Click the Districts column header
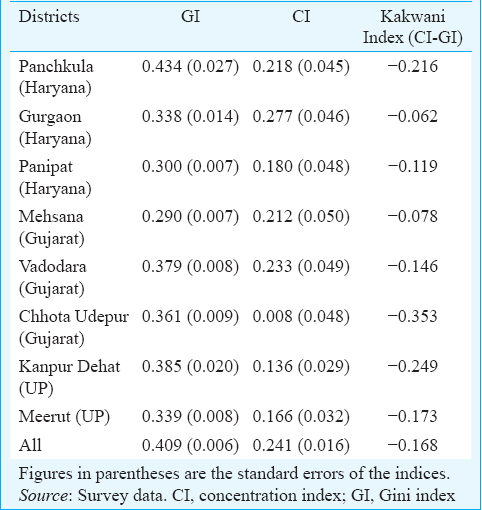pos(49,17)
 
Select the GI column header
pos(191,17)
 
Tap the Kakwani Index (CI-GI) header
pos(413,27)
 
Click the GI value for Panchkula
pos(190,66)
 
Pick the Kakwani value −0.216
pos(413,66)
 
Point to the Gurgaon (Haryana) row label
pos(55,127)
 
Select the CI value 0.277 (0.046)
pos(301,116)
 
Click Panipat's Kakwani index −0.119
pos(413,166)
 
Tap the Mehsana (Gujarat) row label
pos(52,227)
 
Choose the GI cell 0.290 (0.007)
pos(190,216)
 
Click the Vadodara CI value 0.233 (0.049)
pos(301,266)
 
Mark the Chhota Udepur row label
pos(74,327)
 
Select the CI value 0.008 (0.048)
pos(301,316)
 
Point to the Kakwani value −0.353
pos(413,316)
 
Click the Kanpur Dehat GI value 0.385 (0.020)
pos(190,366)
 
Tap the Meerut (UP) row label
pos(64,417)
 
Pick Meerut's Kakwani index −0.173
pos(413,416)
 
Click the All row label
pos(30,445)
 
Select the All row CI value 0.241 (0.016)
pos(301,446)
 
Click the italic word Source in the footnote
pos(43,496)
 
